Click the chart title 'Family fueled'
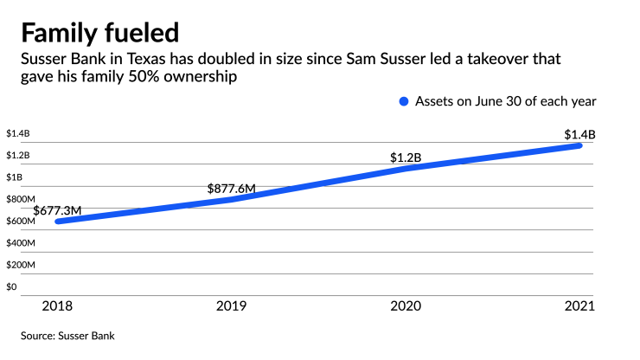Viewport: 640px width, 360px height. click(x=100, y=33)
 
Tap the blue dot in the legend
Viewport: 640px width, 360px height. click(x=403, y=101)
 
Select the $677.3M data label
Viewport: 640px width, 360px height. click(x=57, y=210)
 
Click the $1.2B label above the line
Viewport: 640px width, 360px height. click(x=406, y=157)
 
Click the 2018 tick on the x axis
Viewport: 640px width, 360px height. click(x=58, y=305)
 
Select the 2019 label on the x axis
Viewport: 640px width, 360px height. click(x=232, y=305)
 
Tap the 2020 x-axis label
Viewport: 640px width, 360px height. click(x=406, y=305)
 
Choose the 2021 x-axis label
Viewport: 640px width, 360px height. click(x=579, y=305)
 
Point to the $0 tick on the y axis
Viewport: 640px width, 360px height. click(x=12, y=286)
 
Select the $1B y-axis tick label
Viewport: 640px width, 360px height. click(x=14, y=177)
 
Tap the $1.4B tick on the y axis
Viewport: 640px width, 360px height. click(x=17, y=134)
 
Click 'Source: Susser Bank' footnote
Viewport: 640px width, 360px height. click(x=68, y=335)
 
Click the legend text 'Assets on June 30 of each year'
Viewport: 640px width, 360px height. click(x=506, y=101)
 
